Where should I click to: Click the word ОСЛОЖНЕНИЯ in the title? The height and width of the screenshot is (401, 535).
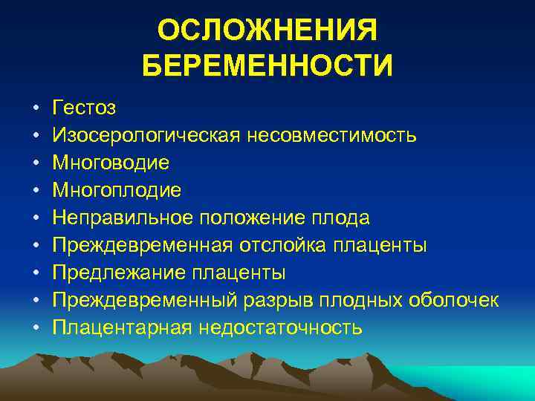pos(267,31)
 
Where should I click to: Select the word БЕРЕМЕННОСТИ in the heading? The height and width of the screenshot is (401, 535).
pos(267,65)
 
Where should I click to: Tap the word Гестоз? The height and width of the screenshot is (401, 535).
pos(84,108)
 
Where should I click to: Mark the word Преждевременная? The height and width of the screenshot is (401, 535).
pos(144,245)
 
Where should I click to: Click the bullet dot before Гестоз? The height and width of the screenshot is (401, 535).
pos(35,109)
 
